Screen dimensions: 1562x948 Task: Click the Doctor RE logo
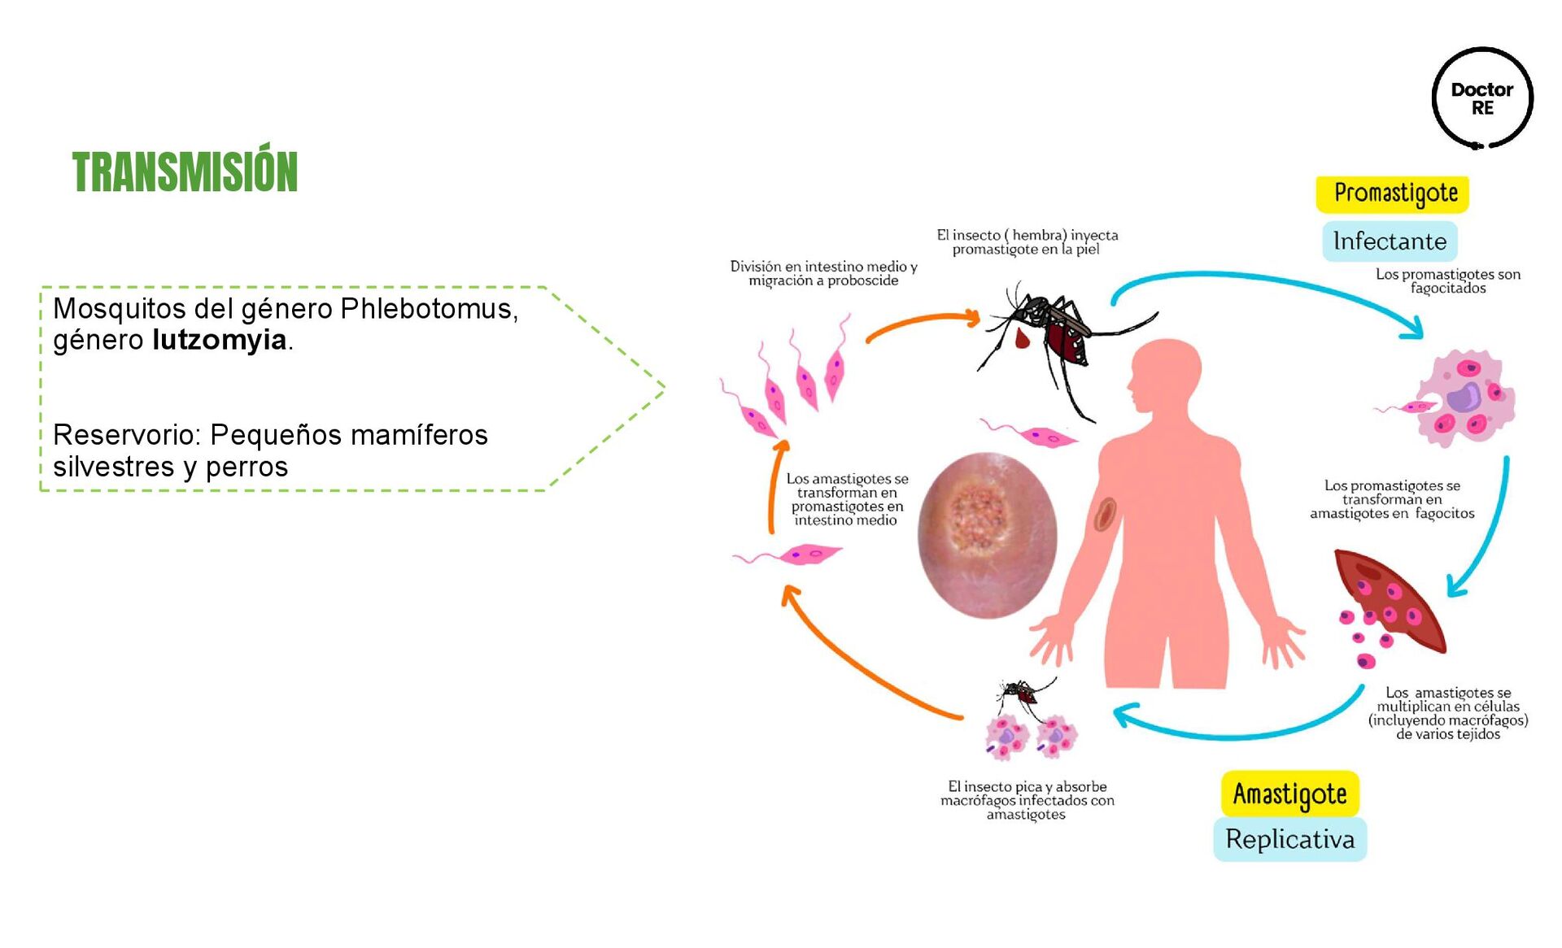1481,98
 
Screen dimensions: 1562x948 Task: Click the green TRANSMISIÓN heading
185,172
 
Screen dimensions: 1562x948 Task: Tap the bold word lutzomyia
219,340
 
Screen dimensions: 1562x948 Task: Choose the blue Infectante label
1390,241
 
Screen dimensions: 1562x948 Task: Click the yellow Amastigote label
1289,794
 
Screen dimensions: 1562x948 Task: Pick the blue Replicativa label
1289,839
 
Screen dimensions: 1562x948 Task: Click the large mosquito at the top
1058,333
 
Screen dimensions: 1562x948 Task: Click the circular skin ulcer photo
987,534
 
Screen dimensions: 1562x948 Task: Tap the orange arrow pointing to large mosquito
923,321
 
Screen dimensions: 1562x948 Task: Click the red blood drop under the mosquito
1022,337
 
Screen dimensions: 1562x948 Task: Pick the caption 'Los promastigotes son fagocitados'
1447,281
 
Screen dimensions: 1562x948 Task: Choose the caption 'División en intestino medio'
823,273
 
